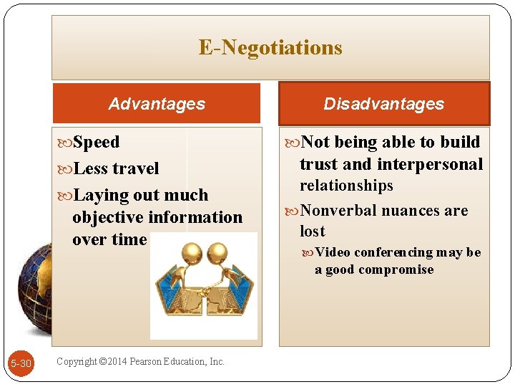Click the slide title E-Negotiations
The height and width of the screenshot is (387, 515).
point(270,48)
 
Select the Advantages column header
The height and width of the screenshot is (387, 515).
point(157,104)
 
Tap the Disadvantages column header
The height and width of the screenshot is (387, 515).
point(383,104)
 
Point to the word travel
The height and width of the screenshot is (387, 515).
point(136,169)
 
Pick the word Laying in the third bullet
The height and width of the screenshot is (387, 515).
point(100,196)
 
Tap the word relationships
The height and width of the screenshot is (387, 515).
point(346,186)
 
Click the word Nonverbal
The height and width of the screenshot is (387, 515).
point(338,211)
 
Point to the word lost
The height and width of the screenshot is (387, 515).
point(313,231)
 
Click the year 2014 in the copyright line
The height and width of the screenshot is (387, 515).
point(125,361)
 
